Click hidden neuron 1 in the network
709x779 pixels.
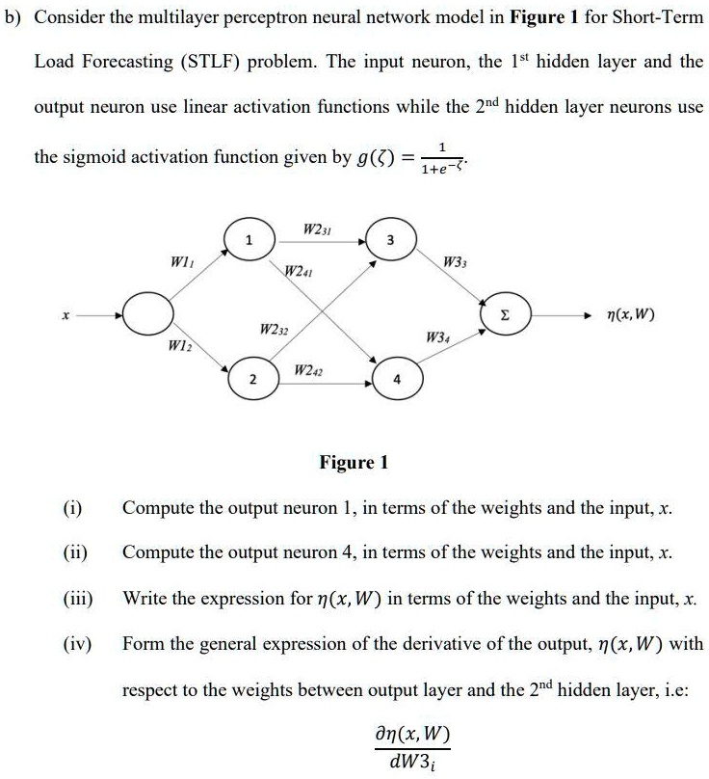pos(249,240)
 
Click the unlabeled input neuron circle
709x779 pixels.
pos(147,313)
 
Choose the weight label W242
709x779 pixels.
pos(308,370)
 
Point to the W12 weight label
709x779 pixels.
pos(178,346)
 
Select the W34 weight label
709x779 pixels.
pos(437,338)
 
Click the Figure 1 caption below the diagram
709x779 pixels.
pos(354,462)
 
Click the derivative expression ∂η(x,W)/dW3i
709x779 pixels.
pos(411,747)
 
